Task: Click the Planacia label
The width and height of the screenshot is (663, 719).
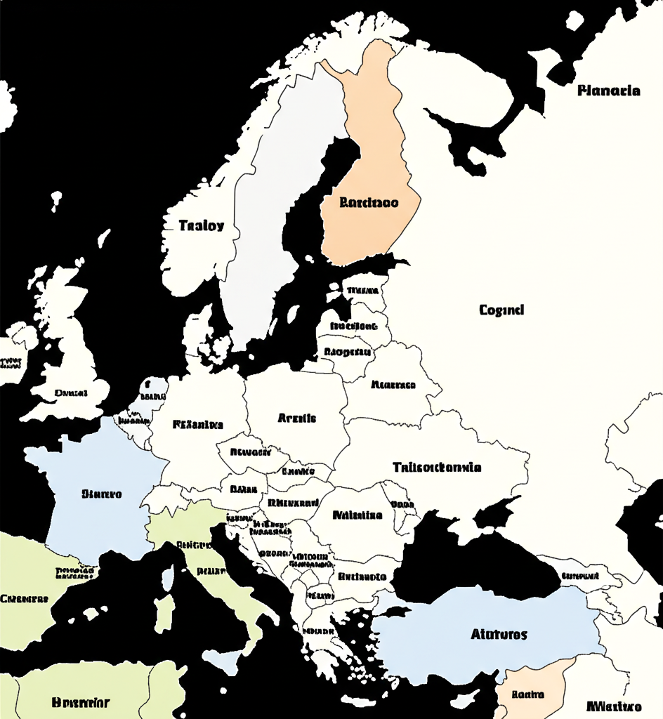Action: [x=608, y=91]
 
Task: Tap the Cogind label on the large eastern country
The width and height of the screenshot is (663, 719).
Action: [x=501, y=310]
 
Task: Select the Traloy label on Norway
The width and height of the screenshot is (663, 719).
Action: [x=201, y=225]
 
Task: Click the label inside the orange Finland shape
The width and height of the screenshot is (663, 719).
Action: [x=369, y=203]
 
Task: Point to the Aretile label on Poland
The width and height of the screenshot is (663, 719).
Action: [x=296, y=418]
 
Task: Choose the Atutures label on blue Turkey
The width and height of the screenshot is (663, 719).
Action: [x=498, y=634]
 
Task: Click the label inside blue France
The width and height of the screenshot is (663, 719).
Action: [x=102, y=494]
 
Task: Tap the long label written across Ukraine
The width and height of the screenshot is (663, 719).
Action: [x=436, y=467]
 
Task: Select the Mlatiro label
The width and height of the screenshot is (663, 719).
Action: [x=613, y=706]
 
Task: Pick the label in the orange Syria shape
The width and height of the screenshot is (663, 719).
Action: [x=528, y=694]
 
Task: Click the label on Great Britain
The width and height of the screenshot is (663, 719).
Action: [x=70, y=393]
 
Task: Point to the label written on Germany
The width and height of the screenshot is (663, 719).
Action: [x=197, y=424]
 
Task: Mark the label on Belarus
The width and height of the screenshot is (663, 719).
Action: [x=393, y=385]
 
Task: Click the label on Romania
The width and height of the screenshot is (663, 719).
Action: [x=357, y=515]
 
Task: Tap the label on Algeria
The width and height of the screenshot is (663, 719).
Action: [x=81, y=701]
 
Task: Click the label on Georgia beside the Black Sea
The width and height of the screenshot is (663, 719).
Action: [x=580, y=576]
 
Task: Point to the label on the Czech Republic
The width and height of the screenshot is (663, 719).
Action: [x=250, y=452]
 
